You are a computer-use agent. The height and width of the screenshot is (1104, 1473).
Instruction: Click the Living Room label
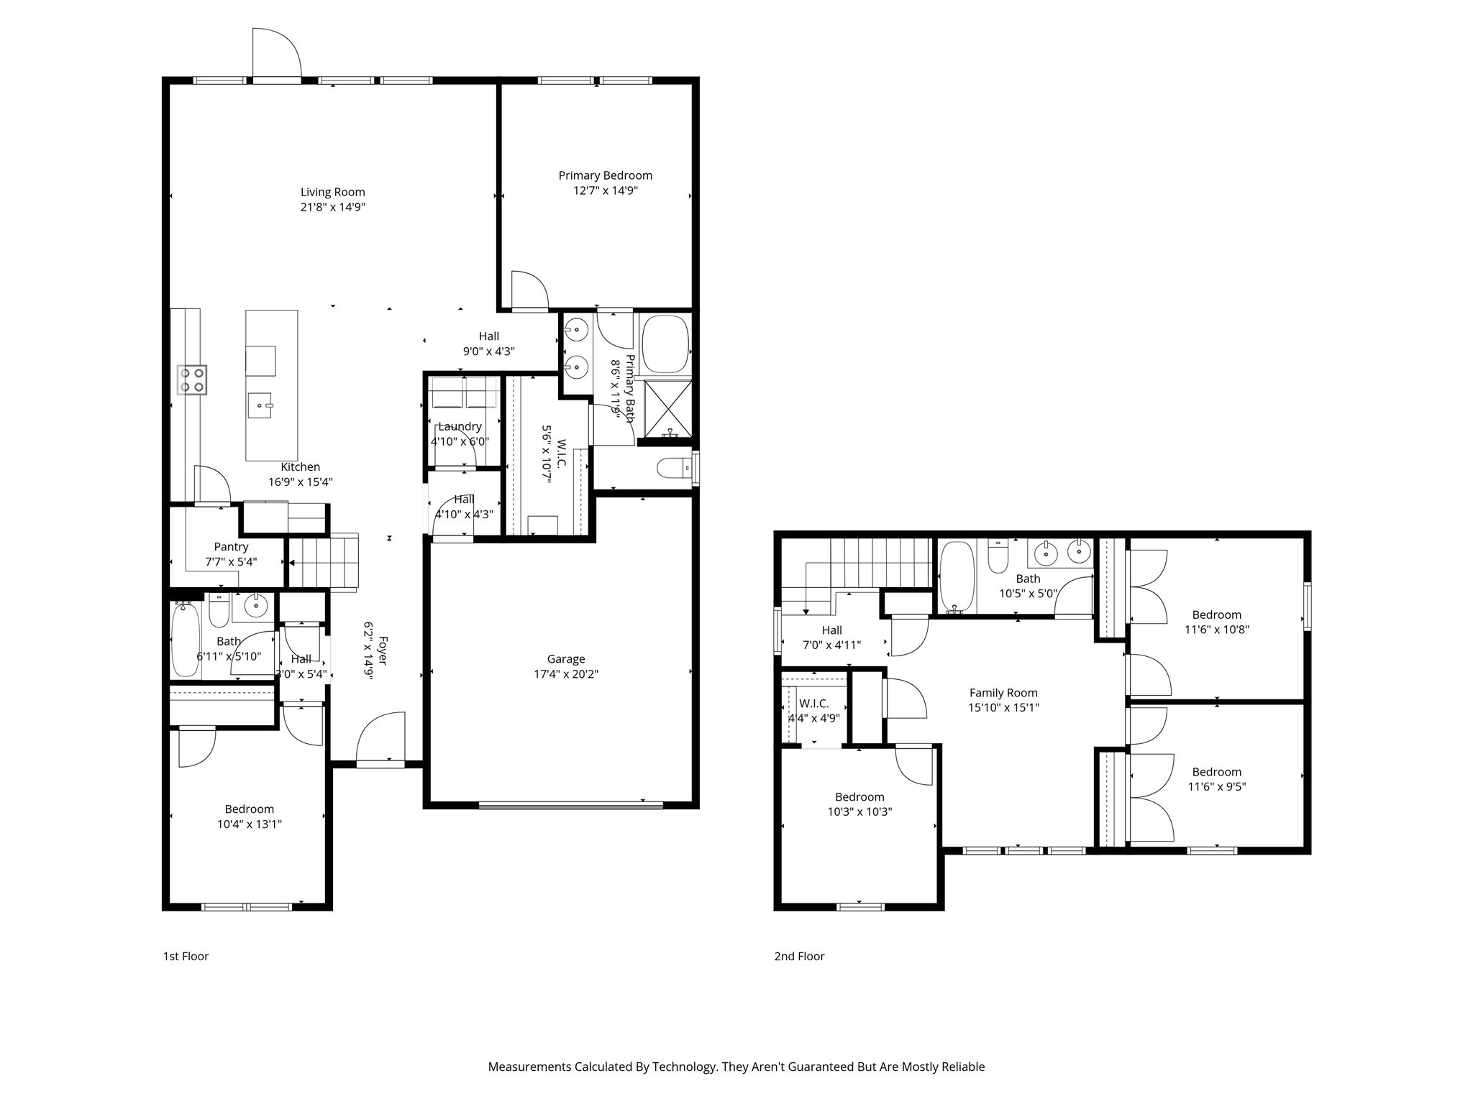pyautogui.click(x=332, y=192)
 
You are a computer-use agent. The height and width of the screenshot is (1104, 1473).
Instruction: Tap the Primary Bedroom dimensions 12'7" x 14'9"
pyautogui.click(x=605, y=190)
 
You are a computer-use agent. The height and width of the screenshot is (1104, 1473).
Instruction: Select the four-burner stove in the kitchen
pyautogui.click(x=193, y=379)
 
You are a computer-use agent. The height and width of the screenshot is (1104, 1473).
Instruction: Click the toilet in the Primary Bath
pyautogui.click(x=675, y=468)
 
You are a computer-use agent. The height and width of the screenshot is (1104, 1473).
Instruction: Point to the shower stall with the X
pyautogui.click(x=667, y=409)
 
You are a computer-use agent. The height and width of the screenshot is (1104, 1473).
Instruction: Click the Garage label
pyautogui.click(x=566, y=658)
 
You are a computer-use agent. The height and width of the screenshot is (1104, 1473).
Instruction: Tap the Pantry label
pyautogui.click(x=231, y=547)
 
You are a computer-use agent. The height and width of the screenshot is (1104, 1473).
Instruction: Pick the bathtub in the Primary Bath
pyautogui.click(x=665, y=344)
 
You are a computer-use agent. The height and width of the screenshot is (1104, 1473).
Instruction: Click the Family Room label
pyautogui.click(x=1003, y=693)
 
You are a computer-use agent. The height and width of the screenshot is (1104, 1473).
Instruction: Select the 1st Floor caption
pyautogui.click(x=186, y=956)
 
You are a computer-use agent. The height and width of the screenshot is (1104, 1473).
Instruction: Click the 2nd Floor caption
pyautogui.click(x=799, y=956)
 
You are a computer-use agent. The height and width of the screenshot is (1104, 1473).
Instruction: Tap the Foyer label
pyautogui.click(x=383, y=650)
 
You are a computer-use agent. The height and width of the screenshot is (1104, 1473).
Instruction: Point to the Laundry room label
pyautogui.click(x=460, y=426)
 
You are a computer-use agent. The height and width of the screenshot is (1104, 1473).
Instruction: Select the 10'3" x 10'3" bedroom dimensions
pyautogui.click(x=859, y=811)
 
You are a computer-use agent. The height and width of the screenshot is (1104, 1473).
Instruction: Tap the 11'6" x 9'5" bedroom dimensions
pyautogui.click(x=1217, y=786)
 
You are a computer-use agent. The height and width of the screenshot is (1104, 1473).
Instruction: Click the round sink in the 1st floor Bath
pyautogui.click(x=256, y=606)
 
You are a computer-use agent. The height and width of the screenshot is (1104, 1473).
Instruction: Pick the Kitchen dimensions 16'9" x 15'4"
pyautogui.click(x=301, y=482)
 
